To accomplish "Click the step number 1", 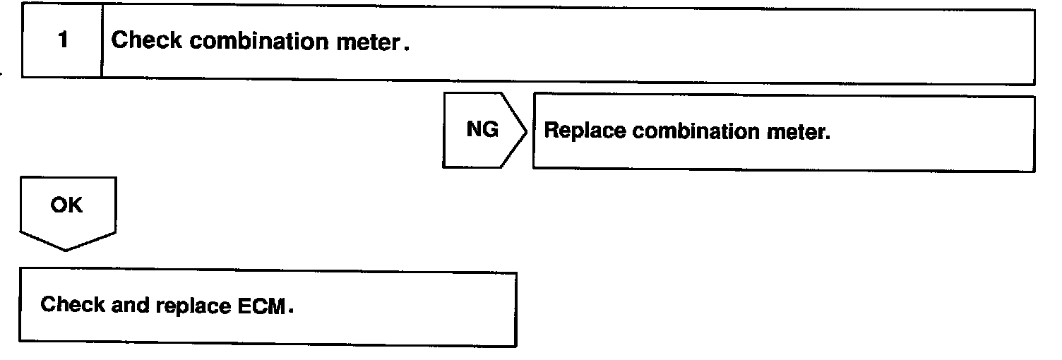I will click(63, 41).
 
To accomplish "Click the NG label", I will click(482, 130).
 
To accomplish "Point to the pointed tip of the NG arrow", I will click(526, 131).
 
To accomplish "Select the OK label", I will click(66, 205).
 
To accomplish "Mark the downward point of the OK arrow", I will click(66, 248).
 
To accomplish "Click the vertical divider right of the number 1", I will click(102, 42).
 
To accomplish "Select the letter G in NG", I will click(491, 130).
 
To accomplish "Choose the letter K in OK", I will click(75, 205).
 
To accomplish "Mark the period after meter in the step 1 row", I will click(406, 47).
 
